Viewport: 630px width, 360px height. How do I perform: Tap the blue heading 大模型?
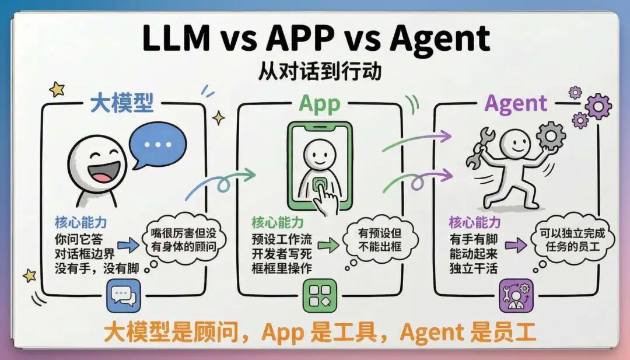pos(121,104)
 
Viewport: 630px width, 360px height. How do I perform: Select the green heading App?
pos(319,104)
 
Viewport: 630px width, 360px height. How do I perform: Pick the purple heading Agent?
pos(516,104)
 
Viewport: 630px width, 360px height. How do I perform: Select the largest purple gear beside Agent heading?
pos(598,107)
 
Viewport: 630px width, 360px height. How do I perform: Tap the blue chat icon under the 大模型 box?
pos(123,296)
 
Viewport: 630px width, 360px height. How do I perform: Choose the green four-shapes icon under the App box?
pos(320,296)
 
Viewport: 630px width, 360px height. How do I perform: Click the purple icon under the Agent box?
pos(516,296)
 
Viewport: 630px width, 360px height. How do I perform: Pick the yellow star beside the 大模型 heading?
pos(57,89)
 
